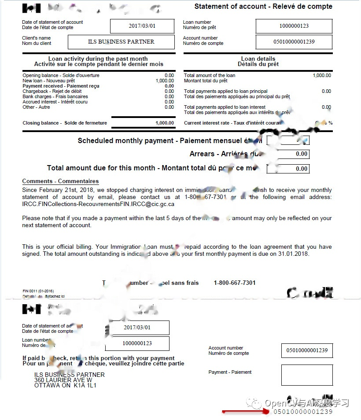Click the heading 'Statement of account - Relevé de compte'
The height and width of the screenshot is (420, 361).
(263, 7)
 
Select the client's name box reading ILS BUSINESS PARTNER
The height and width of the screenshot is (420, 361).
(121, 42)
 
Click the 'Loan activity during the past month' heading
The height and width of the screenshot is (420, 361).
(98, 59)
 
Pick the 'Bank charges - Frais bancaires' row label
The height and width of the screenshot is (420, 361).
(55, 96)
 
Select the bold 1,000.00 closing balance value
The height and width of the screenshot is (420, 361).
(165, 123)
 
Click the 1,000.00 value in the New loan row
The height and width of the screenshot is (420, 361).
(165, 81)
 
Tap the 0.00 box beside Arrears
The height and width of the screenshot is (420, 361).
(294, 154)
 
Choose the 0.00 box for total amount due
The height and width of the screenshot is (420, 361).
(294, 169)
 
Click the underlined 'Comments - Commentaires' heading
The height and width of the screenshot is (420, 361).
(60, 181)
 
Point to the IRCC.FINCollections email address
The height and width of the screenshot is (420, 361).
(98, 204)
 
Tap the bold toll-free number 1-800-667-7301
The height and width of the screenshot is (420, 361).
(235, 283)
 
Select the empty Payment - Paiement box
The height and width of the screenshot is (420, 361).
(307, 375)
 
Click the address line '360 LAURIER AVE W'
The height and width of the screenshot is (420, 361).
(63, 380)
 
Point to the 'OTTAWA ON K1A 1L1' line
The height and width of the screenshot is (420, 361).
(65, 385)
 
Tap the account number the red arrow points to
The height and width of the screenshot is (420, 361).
(303, 412)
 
